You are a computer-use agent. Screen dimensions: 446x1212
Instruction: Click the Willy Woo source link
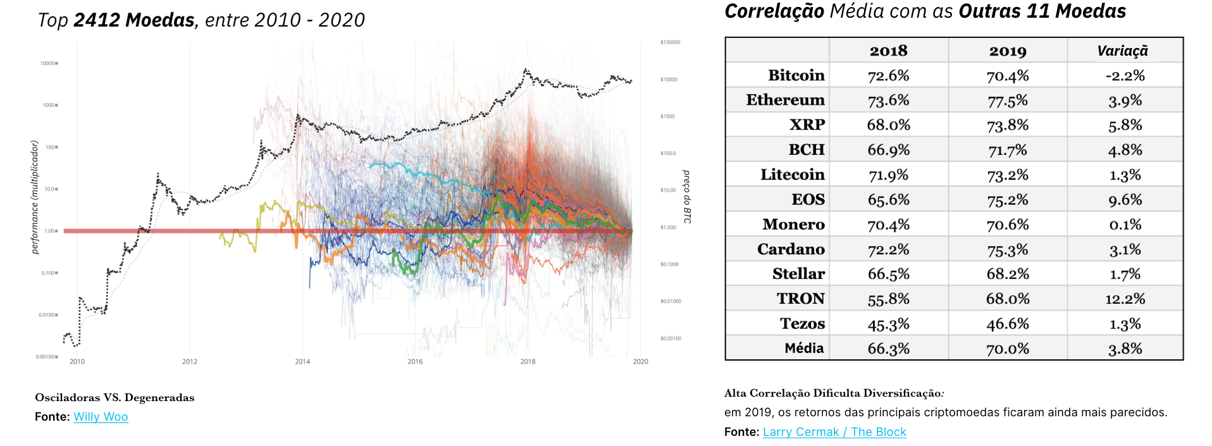click(101, 417)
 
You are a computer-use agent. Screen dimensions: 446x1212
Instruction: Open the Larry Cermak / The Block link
click(834, 432)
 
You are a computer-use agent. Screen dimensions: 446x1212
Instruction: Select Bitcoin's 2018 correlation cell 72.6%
click(888, 76)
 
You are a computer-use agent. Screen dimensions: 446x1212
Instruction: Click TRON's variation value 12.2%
click(1125, 299)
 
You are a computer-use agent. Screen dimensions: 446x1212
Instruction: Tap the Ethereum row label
click(785, 100)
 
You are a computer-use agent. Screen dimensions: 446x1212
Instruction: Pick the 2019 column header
click(1007, 51)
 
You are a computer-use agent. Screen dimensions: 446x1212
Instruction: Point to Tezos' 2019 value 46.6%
click(1007, 324)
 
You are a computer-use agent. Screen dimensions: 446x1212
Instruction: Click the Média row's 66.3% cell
click(888, 349)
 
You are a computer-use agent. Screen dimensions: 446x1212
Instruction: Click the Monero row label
click(793, 225)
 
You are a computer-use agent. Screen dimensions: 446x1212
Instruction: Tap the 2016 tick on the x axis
click(415, 362)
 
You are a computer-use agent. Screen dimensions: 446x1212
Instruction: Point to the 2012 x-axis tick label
click(190, 362)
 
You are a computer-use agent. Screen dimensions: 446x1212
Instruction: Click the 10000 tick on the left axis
click(48, 63)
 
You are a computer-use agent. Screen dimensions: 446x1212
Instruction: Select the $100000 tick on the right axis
click(670, 42)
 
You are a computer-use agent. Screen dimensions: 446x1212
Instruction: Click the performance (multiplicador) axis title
click(35, 197)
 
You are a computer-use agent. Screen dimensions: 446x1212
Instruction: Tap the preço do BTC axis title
click(687, 197)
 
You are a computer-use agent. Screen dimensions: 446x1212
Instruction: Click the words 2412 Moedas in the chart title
click(134, 20)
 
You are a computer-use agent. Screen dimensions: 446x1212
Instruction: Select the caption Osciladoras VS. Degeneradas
click(114, 398)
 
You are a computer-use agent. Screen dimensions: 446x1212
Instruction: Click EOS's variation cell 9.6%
click(1125, 200)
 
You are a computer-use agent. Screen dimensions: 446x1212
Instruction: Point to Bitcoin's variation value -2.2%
click(1125, 76)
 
